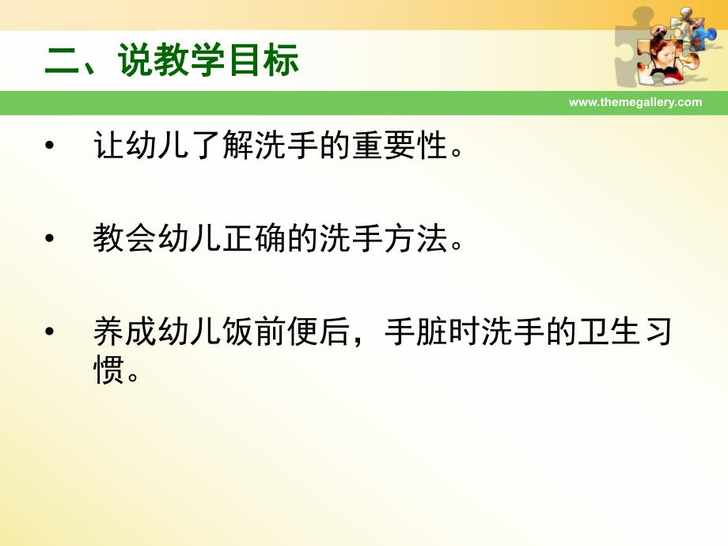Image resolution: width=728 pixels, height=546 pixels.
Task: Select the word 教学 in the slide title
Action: (x=191, y=60)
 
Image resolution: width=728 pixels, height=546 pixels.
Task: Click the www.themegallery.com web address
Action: (x=635, y=102)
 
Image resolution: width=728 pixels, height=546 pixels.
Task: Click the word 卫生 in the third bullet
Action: (x=611, y=332)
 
